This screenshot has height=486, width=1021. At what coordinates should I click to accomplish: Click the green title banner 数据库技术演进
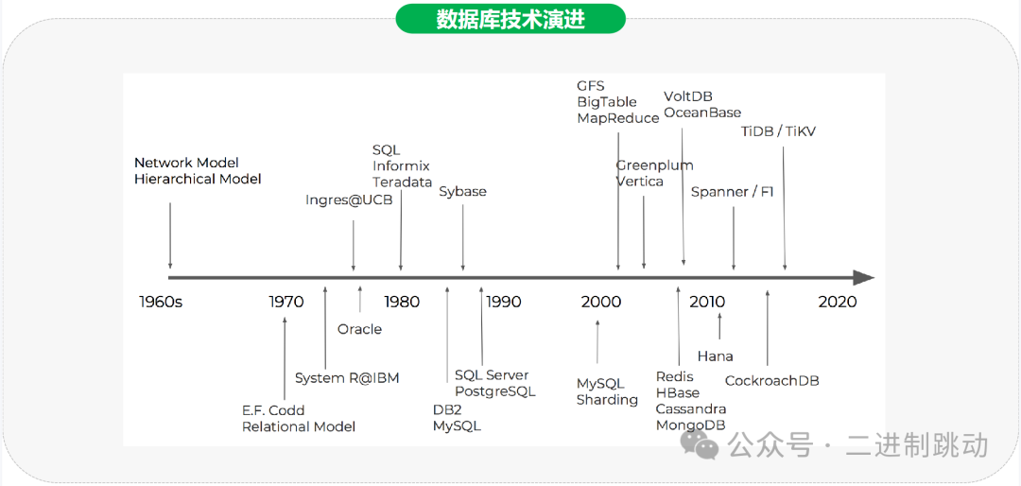510,19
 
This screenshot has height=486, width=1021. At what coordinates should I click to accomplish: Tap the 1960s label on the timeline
161,302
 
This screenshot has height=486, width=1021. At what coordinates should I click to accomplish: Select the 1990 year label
503,302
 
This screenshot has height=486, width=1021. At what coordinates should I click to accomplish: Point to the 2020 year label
837,302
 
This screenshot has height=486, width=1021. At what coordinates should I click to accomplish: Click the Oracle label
359,329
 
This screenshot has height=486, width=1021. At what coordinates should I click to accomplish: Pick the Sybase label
462,192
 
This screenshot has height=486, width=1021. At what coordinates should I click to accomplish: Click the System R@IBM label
347,378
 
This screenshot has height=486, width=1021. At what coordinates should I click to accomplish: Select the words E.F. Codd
273,410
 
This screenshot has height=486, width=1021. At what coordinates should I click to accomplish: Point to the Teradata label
402,182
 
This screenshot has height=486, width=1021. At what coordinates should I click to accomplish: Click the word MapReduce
618,118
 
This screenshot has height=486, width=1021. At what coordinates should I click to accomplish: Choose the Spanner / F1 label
732,192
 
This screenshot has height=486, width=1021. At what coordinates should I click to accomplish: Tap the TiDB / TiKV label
777,132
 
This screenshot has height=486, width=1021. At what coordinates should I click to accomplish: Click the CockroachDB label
771,381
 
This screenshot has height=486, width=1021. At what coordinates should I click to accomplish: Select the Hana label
715,356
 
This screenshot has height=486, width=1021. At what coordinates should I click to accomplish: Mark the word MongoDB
691,425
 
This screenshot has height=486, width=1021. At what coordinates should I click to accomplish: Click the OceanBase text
702,113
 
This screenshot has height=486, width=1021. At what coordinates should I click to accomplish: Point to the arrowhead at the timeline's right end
863,278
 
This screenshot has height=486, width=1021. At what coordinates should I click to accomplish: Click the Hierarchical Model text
198,179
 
